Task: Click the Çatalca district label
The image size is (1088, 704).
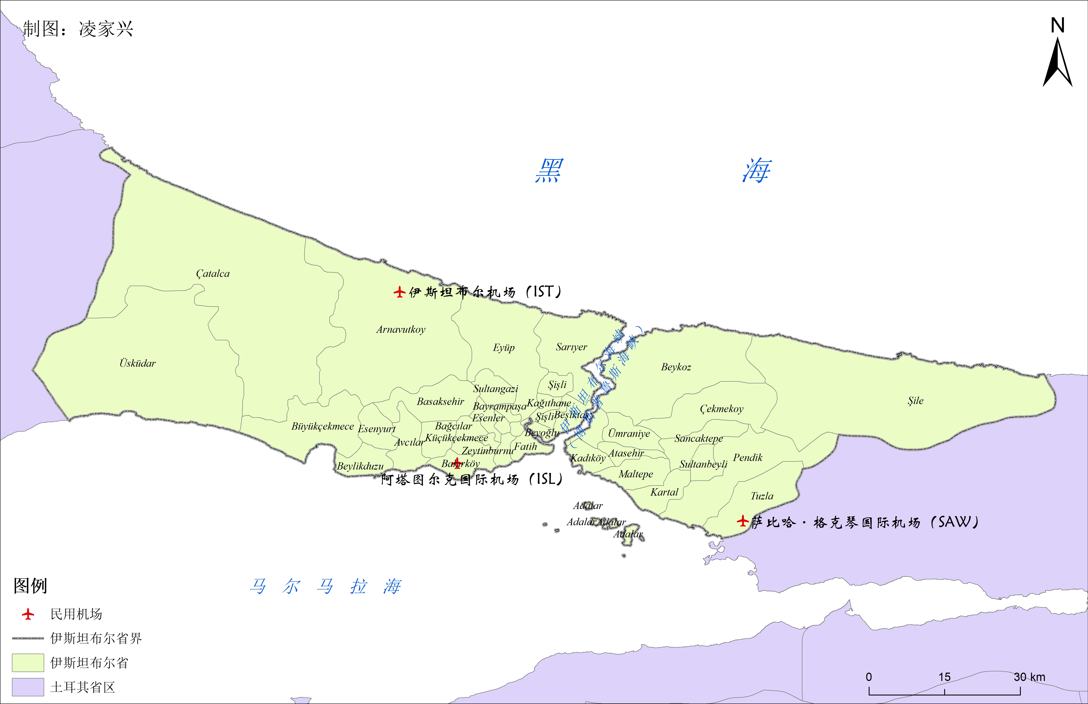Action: tap(212, 273)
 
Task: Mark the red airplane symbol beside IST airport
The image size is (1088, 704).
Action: tap(399, 292)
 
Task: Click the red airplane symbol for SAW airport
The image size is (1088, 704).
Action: tap(742, 521)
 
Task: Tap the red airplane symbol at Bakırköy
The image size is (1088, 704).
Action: tap(457, 463)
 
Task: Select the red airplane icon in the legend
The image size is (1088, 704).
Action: tap(28, 614)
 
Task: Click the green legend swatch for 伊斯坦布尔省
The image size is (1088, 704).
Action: tap(28, 662)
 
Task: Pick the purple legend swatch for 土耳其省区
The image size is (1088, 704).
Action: tap(28, 687)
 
